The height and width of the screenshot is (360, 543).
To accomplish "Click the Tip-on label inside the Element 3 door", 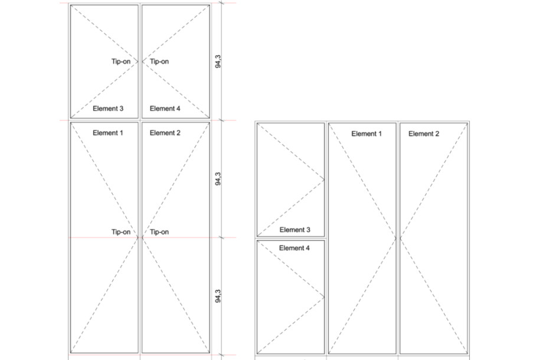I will [x=121, y=61].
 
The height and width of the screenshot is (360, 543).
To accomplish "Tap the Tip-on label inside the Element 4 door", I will [x=159, y=61].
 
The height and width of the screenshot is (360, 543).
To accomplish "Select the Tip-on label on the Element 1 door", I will [x=121, y=232].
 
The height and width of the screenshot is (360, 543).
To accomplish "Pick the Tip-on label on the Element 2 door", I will [x=159, y=232].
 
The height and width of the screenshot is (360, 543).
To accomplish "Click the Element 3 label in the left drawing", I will [x=108, y=109].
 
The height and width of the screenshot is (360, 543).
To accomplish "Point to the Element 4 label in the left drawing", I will [x=165, y=109].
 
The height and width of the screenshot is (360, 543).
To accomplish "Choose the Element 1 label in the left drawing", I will [x=108, y=133].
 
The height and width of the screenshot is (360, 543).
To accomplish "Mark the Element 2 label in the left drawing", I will [x=165, y=133].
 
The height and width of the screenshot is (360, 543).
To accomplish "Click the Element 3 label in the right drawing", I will [x=295, y=230].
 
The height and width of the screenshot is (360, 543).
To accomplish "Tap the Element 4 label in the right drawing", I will [x=295, y=248].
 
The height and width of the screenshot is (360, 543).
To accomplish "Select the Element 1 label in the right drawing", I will [x=367, y=134].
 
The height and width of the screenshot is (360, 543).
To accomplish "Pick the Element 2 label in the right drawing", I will [x=424, y=134].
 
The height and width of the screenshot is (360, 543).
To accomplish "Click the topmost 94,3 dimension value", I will [x=218, y=61].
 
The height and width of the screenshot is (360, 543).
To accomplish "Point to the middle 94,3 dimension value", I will [x=218, y=179].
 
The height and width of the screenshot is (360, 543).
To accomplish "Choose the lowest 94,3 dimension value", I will [x=218, y=296].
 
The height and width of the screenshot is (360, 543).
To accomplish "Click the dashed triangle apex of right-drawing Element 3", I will [x=325, y=179].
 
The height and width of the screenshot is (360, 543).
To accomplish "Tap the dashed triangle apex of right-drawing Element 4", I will [x=325, y=296].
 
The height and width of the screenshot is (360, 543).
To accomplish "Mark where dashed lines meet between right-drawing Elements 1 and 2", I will [x=398, y=238].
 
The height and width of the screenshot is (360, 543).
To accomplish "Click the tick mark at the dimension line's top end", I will [x=222, y=3].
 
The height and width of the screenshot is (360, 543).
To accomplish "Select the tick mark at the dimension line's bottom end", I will [x=222, y=355].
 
